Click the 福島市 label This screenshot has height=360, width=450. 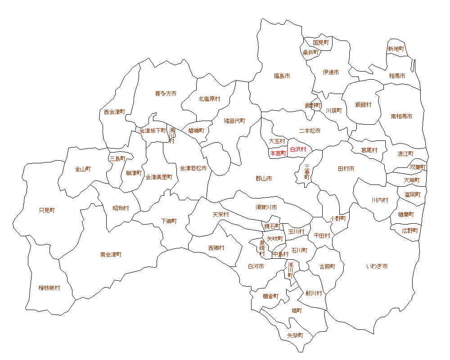pos(282,76)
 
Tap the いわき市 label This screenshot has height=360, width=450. pos(377,266)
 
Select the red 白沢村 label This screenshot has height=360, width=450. pos(298,149)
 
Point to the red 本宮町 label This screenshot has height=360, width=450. pos(278,153)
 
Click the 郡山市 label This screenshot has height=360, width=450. pos(264,179)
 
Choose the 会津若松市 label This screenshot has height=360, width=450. pos(193,168)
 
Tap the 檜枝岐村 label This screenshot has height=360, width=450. pos(49,288)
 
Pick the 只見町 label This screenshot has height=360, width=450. pos(47,210)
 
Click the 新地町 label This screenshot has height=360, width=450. pos(396,49)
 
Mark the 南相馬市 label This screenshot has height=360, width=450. pos(401,117)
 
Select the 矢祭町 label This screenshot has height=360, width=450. pos(295,336)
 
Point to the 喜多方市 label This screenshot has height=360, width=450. pos(166,94)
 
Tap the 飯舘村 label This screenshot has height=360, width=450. pos(363,105)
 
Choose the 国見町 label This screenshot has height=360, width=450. pos(321,43)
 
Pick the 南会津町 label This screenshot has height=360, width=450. pos(111,255)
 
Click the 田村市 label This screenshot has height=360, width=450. pos(346,169)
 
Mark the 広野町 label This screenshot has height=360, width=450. pos(410,230)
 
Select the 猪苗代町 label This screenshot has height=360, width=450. pos(235,121)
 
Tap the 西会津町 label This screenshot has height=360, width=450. pos(114,112)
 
